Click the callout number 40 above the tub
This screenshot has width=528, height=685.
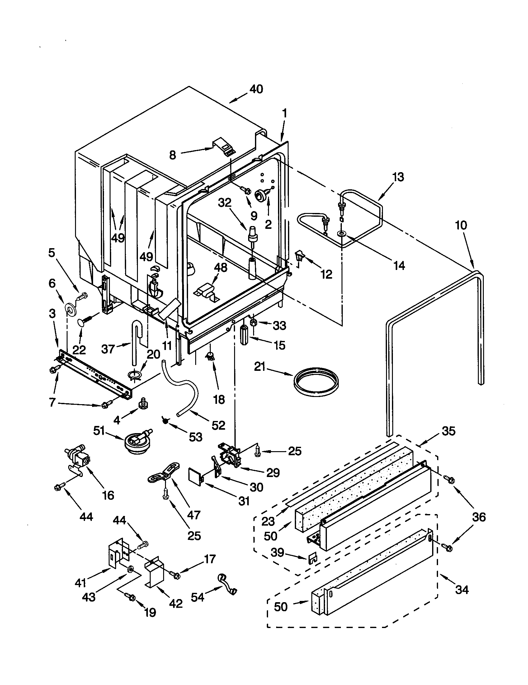pos(256,89)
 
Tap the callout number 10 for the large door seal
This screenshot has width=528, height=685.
pos(461,225)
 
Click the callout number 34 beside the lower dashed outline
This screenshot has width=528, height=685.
pos(461,590)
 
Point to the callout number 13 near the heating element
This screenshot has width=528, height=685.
pos(398,177)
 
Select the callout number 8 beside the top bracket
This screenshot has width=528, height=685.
pos(173,155)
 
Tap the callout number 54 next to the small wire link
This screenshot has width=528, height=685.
pos(197,597)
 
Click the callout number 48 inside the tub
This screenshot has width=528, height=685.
pos(220,267)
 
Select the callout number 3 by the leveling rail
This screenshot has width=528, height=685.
pos(52,314)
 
